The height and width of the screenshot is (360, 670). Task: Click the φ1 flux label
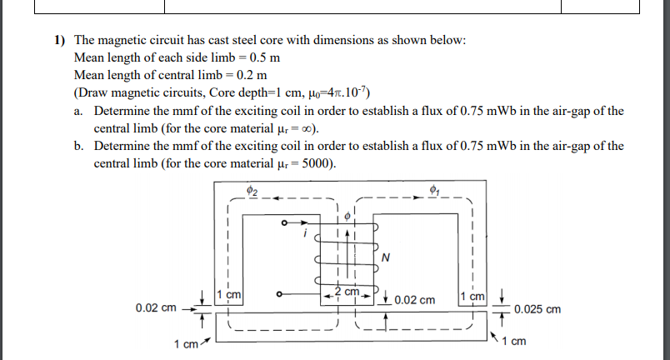(432, 191)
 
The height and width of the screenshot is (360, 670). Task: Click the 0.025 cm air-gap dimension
(537, 309)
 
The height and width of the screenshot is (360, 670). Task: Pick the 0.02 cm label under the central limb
(413, 299)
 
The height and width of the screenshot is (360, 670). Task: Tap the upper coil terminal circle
(283, 223)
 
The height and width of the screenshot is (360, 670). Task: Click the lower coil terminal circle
(283, 293)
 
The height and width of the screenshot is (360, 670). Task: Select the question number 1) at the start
(59, 40)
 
